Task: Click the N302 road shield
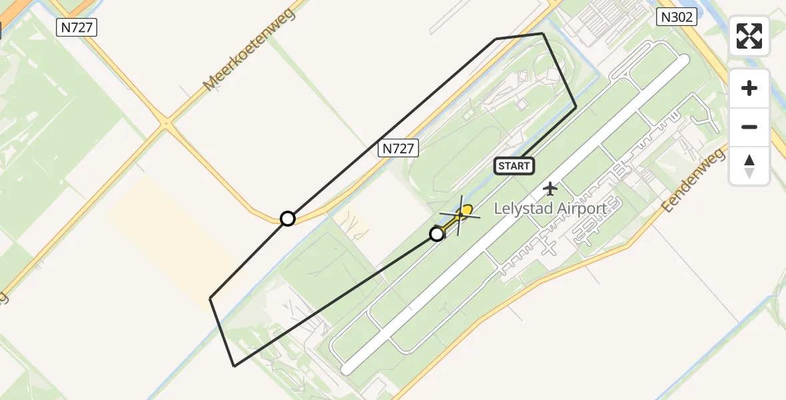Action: (676, 17)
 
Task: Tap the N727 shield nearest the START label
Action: (398, 149)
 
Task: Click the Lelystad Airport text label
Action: (550, 209)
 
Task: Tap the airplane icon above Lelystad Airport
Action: (550, 189)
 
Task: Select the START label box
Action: (514, 166)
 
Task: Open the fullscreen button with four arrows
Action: (749, 36)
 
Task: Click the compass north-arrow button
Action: (749, 165)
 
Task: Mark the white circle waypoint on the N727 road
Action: (287, 219)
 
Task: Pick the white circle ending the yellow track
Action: (437, 234)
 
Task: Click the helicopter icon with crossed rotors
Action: (460, 214)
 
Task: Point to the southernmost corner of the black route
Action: (234, 366)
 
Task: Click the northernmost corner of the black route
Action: (543, 33)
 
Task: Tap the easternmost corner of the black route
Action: (576, 107)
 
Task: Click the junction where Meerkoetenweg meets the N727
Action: (167, 123)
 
